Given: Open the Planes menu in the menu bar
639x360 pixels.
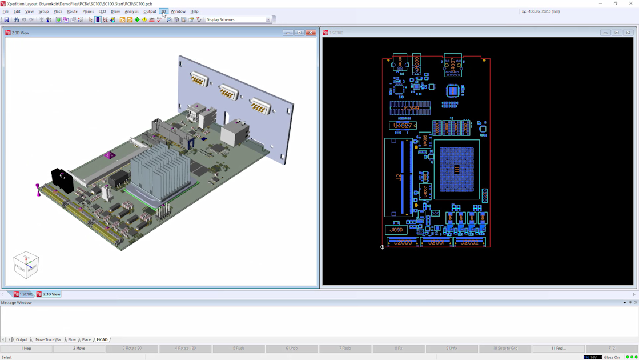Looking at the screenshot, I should point(88,11).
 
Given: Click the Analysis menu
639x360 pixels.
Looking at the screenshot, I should point(131,11).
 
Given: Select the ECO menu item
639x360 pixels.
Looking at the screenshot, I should point(102,11).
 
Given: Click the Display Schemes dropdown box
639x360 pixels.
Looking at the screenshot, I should point(238,19).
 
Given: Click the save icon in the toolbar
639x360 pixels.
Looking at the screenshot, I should point(7,20).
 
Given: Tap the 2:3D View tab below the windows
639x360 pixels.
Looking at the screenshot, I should point(49,294).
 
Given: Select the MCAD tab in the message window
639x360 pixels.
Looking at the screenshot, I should point(102,339).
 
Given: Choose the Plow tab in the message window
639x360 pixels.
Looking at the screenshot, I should point(72,339).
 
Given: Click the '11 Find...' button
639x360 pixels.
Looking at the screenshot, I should point(558,348).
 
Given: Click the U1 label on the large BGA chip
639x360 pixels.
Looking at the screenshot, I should point(457,170).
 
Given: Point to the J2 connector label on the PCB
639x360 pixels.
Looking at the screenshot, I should point(398,178).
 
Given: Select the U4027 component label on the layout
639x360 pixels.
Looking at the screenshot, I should point(402,125).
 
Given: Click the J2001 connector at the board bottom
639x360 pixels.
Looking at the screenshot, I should point(436,242).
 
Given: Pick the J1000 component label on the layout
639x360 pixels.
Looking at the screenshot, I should point(396,230).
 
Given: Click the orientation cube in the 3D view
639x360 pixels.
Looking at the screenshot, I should point(26,265).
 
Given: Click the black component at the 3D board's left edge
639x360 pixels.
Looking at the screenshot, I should point(62,180).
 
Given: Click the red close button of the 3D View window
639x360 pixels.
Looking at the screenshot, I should point(311,33).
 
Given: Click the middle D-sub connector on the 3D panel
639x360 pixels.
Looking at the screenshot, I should point(228,92).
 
